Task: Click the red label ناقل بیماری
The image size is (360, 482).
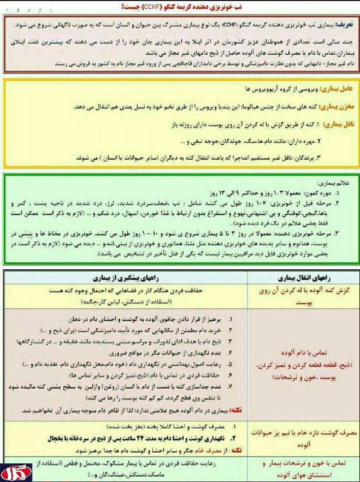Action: [334, 124]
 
